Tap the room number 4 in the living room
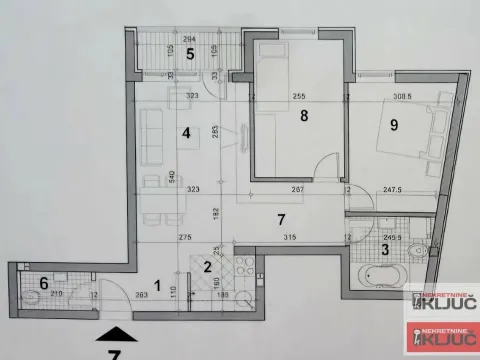coord(185,131)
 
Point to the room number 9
coord(394,125)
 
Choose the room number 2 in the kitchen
coord(206,266)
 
